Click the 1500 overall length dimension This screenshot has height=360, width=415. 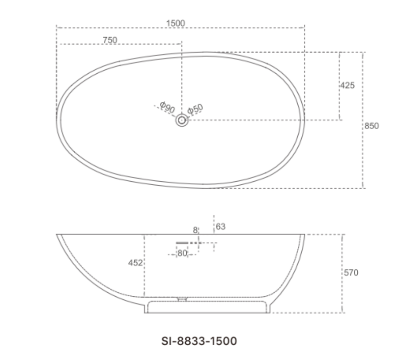(x=175, y=23)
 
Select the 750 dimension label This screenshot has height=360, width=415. (x=110, y=40)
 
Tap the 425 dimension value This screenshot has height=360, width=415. (x=347, y=85)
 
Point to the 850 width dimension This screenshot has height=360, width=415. (x=371, y=126)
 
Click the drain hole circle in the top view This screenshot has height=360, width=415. (x=182, y=121)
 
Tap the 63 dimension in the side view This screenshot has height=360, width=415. (x=221, y=226)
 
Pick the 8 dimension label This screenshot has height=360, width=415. (x=195, y=230)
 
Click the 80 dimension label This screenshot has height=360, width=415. (x=182, y=253)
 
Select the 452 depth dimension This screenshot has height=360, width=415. (x=135, y=263)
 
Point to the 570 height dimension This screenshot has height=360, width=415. (x=351, y=273)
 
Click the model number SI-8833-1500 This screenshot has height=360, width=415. (x=199, y=341)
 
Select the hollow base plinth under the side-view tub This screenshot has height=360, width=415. (x=207, y=306)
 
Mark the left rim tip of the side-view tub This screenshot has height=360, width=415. (x=58, y=235)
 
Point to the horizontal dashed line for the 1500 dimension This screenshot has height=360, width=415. (x=130, y=28)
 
